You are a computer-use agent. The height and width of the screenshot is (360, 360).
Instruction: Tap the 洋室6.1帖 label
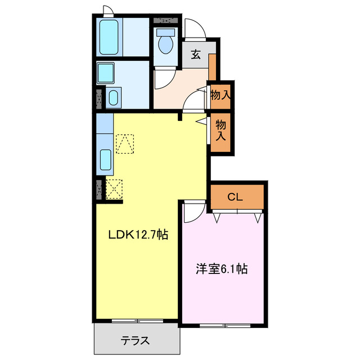coord(221,269)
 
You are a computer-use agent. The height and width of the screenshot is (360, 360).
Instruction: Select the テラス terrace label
coord(135,340)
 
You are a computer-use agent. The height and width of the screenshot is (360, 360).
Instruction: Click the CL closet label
coord(235,197)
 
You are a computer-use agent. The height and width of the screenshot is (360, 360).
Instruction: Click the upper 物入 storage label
coord(219,95)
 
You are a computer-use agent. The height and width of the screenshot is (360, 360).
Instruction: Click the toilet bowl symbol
coord(165,43)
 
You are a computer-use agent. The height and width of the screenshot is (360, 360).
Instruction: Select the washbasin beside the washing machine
coord(113,98)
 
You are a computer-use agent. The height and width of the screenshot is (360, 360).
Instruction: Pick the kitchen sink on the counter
coord(105,161)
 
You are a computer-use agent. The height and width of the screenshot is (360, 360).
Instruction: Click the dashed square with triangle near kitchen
coord(125,143)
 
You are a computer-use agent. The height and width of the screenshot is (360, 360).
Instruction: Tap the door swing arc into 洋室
coord(191,211)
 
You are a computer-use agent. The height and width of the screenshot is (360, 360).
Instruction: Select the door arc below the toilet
coord(164,79)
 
